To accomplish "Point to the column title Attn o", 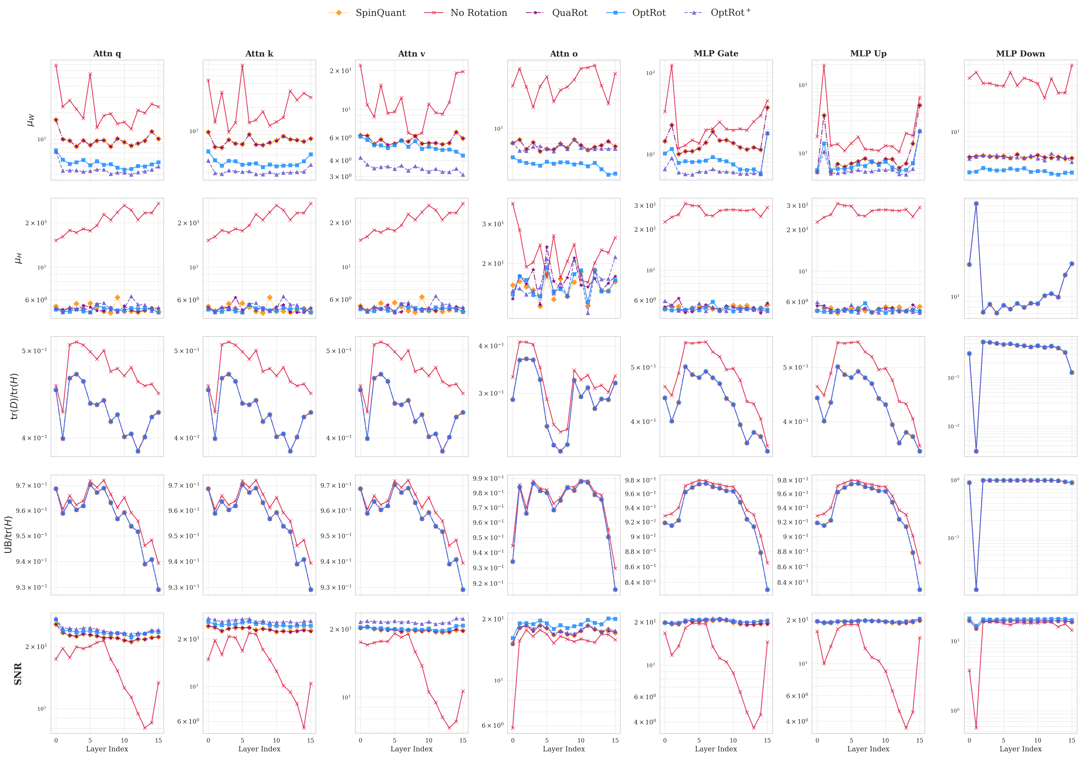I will [x=564, y=54].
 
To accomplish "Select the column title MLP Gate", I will [x=716, y=54].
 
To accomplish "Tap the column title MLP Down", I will [x=1020, y=54].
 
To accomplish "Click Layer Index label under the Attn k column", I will [x=259, y=749].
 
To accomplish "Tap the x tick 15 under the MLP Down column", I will [x=1072, y=740].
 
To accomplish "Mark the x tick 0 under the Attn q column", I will [x=56, y=740].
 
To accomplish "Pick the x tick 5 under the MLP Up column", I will [x=851, y=740].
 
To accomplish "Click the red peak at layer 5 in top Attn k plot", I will [x=243, y=66].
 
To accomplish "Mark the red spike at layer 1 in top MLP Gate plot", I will [x=672, y=66].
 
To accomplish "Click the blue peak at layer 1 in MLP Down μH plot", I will [x=976, y=203].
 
